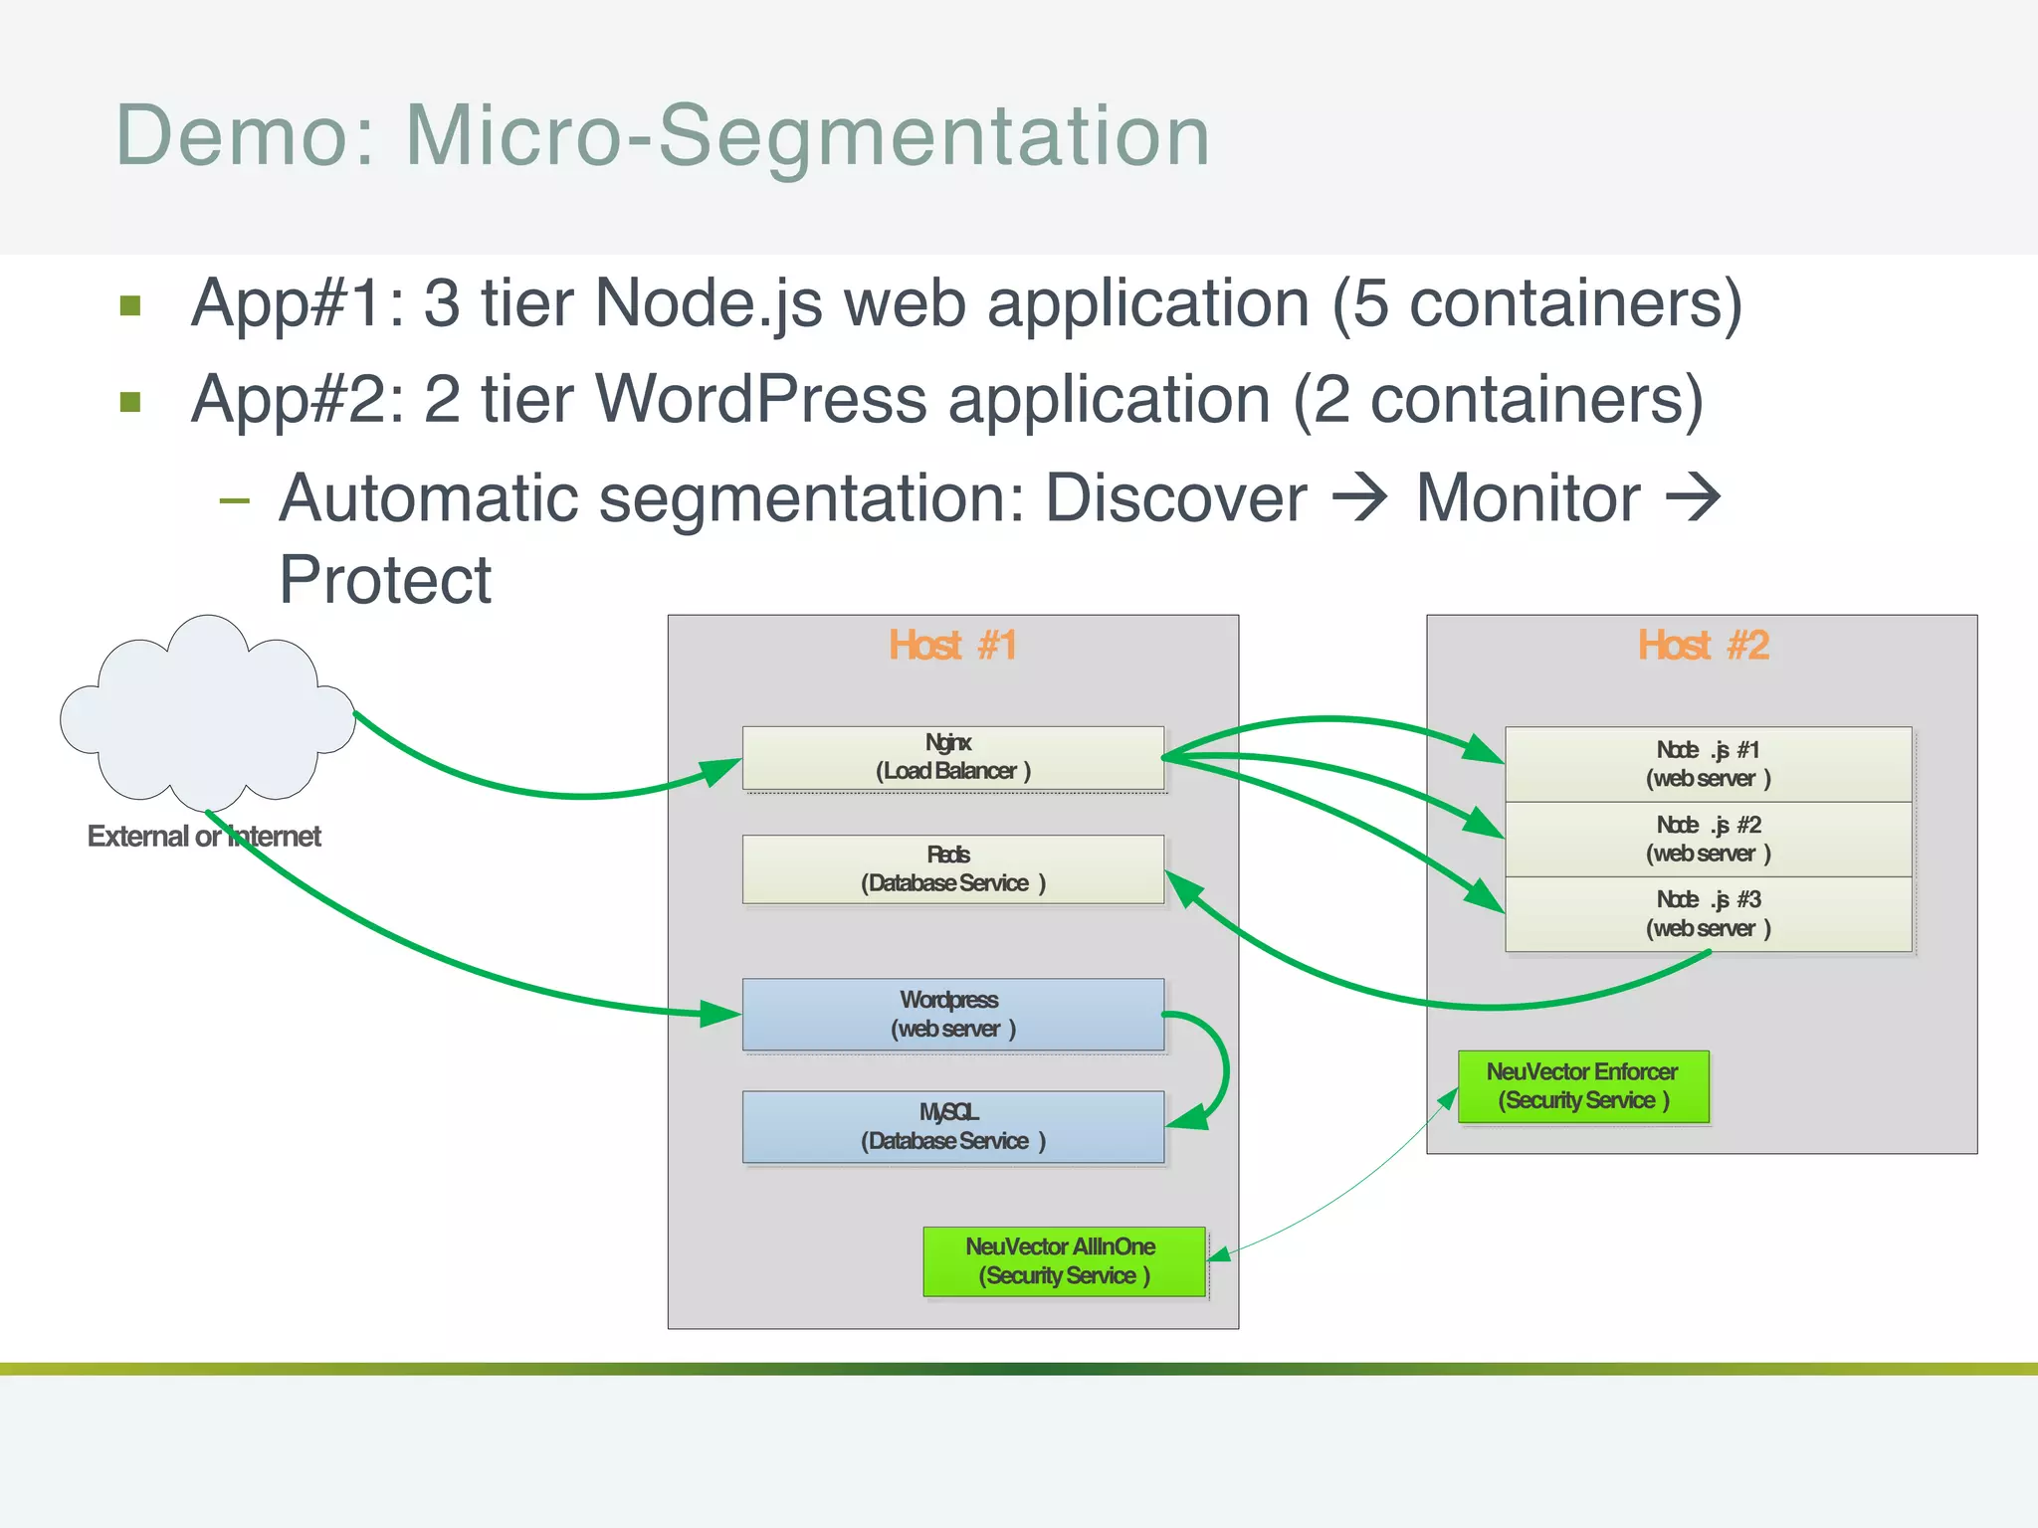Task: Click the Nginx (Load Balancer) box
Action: (x=952, y=758)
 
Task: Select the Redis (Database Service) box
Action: (x=952, y=869)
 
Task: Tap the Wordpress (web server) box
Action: (x=952, y=1014)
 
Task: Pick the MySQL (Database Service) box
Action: (x=952, y=1126)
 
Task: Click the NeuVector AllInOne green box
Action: (x=1063, y=1261)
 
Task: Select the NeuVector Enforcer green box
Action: (x=1582, y=1086)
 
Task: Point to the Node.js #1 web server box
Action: (x=1708, y=764)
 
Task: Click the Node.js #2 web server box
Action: (x=1708, y=839)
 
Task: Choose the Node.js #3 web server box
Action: (x=1708, y=914)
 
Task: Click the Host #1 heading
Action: (x=952, y=646)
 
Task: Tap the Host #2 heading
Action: (x=1703, y=646)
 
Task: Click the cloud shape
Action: (x=207, y=711)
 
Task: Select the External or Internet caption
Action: (x=204, y=837)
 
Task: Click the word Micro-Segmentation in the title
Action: (x=807, y=135)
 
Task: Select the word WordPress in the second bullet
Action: (x=761, y=400)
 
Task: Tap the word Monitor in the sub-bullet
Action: (x=1528, y=497)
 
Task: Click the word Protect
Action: (x=385, y=580)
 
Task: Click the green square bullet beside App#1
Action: (x=130, y=304)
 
